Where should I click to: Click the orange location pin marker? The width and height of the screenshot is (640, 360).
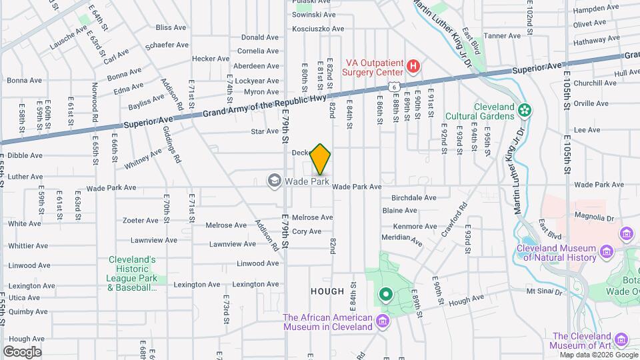(321, 159)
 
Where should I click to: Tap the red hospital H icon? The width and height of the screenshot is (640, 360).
(413, 66)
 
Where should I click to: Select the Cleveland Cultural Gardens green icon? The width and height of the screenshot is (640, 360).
(525, 110)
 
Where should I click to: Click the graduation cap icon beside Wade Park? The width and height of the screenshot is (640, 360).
(273, 181)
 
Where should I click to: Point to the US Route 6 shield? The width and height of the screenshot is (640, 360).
(395, 87)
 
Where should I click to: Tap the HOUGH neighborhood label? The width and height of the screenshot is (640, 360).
(327, 291)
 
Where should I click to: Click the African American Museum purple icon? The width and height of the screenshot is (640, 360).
(382, 322)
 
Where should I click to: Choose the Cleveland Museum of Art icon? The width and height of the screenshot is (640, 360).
(622, 341)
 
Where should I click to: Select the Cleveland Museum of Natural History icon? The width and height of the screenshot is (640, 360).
(606, 251)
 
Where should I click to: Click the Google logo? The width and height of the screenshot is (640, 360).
(22, 351)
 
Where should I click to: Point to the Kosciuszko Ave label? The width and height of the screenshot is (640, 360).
(318, 29)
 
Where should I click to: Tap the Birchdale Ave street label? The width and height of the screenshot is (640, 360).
(413, 198)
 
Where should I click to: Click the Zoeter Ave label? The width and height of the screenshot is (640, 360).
(139, 220)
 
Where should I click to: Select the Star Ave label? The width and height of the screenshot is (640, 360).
(264, 131)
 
